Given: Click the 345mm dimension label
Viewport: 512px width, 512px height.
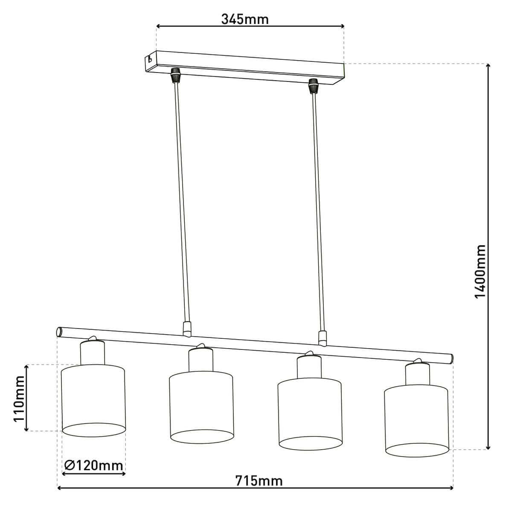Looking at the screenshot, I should pyautogui.click(x=245, y=19).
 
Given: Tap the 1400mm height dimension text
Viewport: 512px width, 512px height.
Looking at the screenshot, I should pyautogui.click(x=480, y=272).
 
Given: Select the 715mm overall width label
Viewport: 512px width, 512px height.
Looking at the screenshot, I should pyautogui.click(x=259, y=480).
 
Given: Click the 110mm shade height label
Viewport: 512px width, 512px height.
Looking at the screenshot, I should pyautogui.click(x=18, y=398).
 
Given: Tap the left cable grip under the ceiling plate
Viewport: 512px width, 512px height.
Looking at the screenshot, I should pyautogui.click(x=174, y=75).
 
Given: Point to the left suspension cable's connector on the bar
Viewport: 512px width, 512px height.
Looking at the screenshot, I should pyautogui.click(x=186, y=329).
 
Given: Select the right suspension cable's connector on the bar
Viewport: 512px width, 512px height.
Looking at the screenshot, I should pyautogui.click(x=323, y=338).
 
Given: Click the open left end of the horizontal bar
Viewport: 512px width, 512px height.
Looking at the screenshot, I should pyautogui.click(x=59, y=332).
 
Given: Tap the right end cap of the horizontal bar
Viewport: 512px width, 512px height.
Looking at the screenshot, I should pyautogui.click(x=451, y=358).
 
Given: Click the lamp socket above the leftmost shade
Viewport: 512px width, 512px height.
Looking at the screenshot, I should pyautogui.click(x=92, y=352).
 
